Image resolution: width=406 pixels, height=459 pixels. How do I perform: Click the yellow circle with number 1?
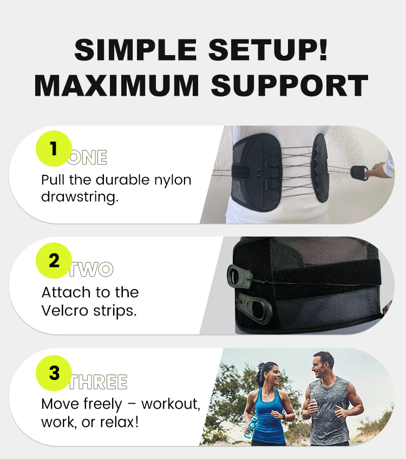(x=54, y=148)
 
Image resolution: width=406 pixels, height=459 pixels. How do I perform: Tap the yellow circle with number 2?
(x=54, y=261)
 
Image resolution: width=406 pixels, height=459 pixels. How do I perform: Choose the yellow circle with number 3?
(x=54, y=373)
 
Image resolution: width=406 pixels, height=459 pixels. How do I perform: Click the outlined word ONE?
(x=88, y=158)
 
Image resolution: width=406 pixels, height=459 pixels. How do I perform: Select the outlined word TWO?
(x=91, y=270)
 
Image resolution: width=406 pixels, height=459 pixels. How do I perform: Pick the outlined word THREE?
(x=99, y=382)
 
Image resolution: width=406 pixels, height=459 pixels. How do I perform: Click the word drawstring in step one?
(x=80, y=196)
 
